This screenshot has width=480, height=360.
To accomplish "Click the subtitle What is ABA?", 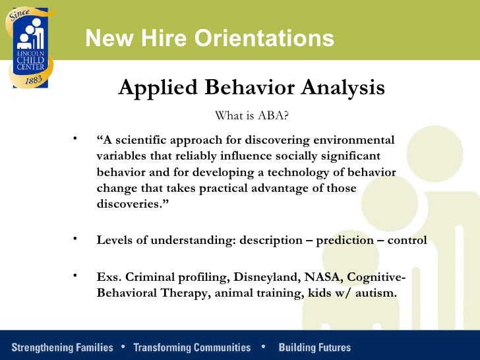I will click(x=252, y=116).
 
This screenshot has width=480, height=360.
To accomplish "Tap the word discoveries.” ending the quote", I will click(x=129, y=204).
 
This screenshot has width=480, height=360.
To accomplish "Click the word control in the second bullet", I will click(x=407, y=240).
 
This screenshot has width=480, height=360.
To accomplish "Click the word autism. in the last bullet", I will click(x=377, y=293).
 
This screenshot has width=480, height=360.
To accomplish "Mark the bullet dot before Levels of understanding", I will click(x=76, y=237).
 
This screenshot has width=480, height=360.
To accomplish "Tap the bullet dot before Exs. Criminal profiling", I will click(x=76, y=275).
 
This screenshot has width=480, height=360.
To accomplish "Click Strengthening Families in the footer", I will click(x=63, y=347).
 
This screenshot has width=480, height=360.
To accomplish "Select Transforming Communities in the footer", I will click(x=192, y=347).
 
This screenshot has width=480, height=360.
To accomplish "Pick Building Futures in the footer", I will click(x=315, y=347).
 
